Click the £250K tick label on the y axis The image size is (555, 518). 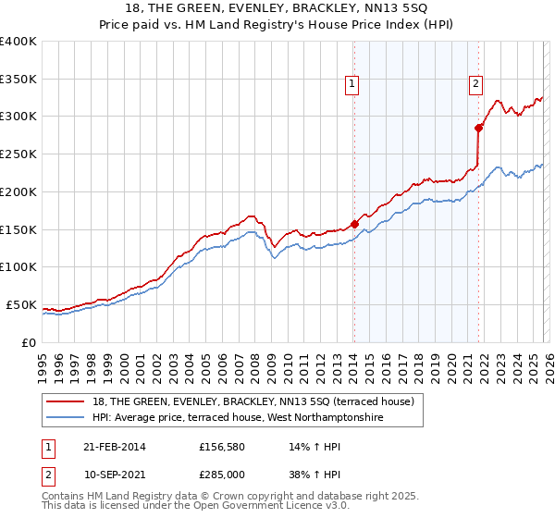18,154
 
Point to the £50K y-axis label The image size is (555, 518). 21,304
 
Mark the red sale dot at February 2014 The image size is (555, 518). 354,224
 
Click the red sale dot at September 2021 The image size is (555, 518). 478,128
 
